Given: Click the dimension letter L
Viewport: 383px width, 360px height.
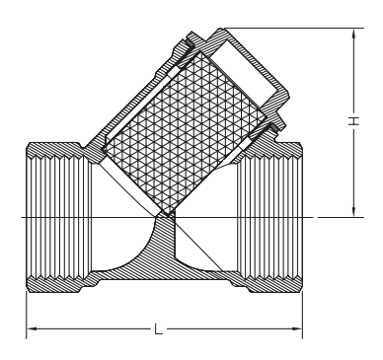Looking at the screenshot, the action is [x=159, y=328].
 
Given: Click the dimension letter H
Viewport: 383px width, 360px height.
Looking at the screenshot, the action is [x=353, y=121].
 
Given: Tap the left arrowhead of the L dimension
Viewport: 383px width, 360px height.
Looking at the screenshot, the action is [x=32, y=328].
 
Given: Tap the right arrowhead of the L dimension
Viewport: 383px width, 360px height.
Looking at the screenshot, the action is [x=297, y=328].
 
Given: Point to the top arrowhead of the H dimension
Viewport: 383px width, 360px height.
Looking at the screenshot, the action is [x=354, y=34].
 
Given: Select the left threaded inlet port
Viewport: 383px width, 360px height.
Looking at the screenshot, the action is [x=58, y=217].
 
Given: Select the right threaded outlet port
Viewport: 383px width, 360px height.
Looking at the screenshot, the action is [x=269, y=217].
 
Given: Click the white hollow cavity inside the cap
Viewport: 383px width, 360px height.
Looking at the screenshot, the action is [x=244, y=73].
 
